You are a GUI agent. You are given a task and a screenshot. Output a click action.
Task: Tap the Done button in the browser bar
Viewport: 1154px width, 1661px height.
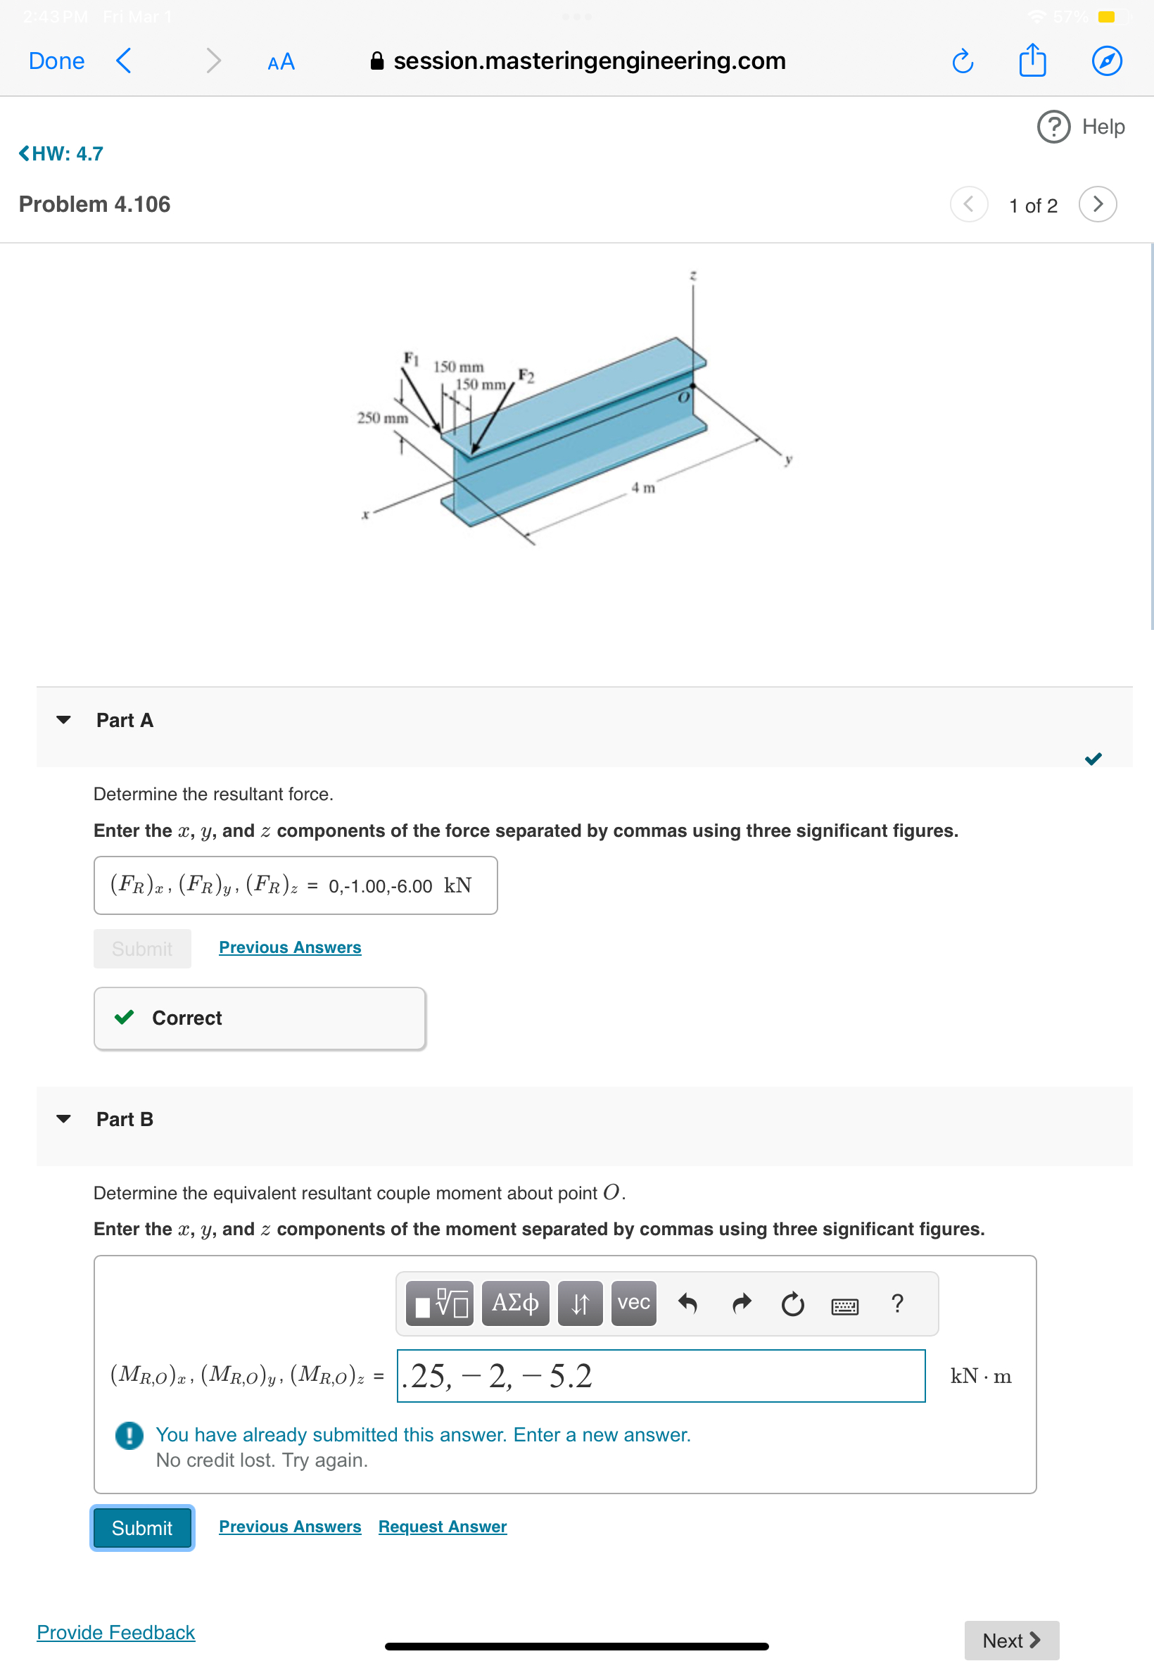(x=56, y=61)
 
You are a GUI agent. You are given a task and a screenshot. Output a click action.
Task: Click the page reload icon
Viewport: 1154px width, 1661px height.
(x=962, y=61)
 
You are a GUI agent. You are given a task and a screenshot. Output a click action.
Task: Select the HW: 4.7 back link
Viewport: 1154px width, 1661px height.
(x=61, y=153)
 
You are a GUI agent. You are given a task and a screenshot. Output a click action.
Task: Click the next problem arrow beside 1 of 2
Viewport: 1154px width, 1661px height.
(x=1097, y=204)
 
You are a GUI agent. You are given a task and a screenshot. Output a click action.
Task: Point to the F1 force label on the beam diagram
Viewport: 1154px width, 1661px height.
(x=411, y=358)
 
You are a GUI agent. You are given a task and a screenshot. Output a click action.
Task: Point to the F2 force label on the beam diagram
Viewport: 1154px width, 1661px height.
(x=526, y=375)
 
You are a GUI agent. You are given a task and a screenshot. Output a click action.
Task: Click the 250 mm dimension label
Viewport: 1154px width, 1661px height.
(x=383, y=418)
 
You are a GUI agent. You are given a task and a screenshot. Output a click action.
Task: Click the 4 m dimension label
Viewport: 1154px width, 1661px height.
(x=643, y=488)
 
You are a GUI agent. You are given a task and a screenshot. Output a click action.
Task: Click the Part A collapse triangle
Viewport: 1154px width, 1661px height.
(x=63, y=720)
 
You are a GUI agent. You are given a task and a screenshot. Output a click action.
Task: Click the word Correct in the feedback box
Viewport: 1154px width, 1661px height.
(x=186, y=1018)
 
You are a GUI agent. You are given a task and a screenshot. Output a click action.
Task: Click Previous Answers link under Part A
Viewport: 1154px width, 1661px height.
(x=290, y=947)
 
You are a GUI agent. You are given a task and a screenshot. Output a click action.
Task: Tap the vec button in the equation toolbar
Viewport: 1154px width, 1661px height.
(x=633, y=1303)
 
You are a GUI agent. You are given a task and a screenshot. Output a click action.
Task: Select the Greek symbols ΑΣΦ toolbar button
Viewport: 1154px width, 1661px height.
(x=515, y=1303)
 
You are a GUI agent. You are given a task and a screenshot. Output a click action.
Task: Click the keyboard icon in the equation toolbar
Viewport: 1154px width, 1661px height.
(x=844, y=1306)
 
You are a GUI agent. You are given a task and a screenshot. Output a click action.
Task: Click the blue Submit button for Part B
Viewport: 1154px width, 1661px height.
(x=141, y=1528)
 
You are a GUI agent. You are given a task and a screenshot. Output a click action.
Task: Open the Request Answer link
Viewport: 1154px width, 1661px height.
(x=443, y=1527)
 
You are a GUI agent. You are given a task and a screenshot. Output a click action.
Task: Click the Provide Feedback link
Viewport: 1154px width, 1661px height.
(x=115, y=1632)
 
